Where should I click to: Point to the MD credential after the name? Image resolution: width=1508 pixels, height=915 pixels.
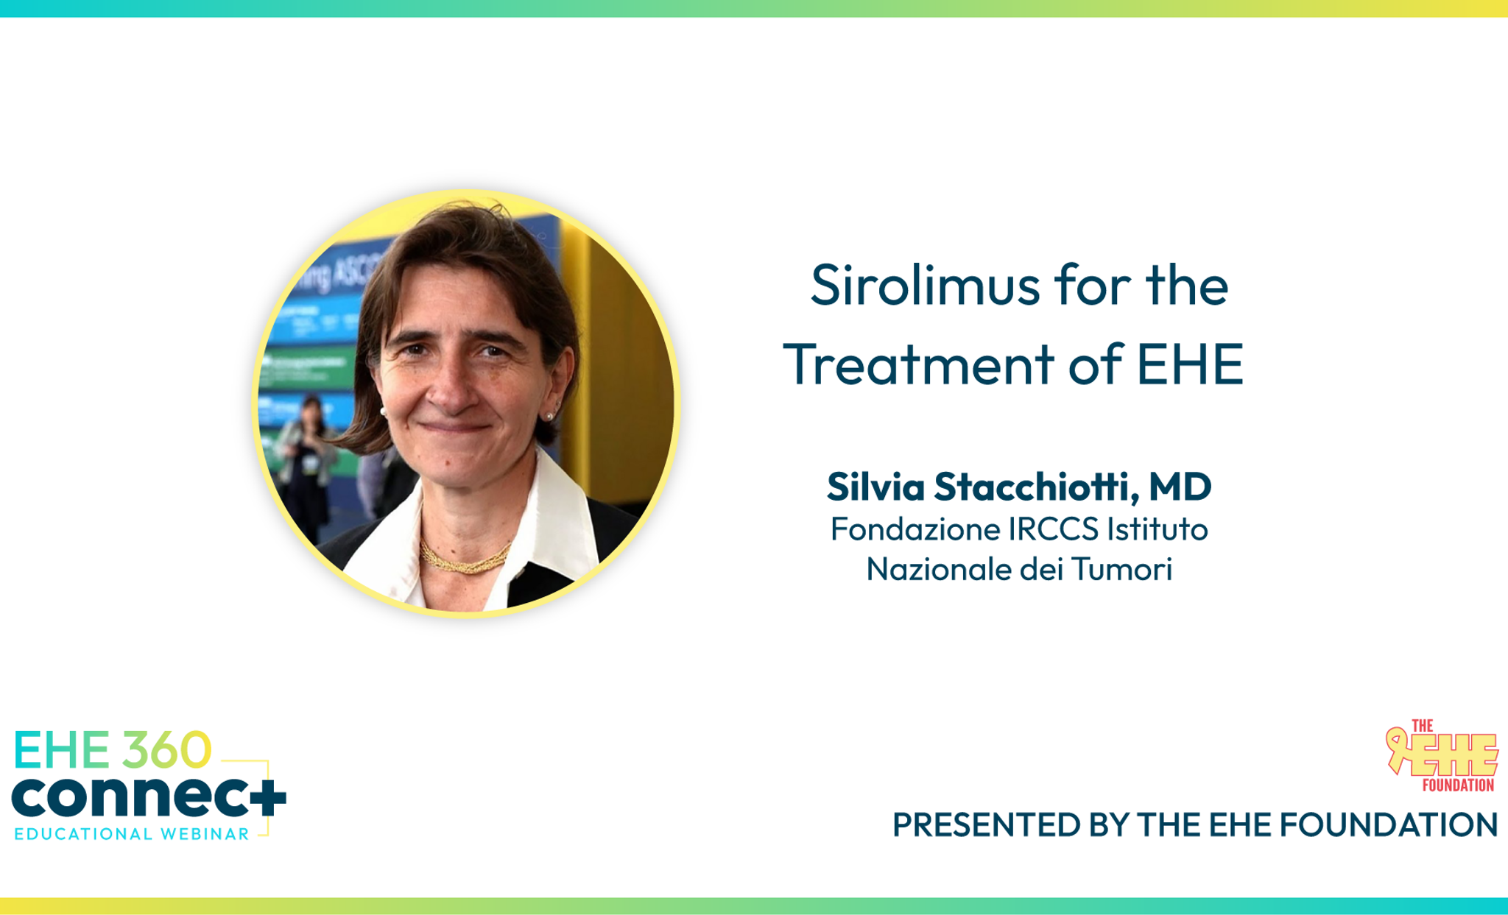coord(1180,487)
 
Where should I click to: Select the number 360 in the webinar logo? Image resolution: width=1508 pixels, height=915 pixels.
coord(167,750)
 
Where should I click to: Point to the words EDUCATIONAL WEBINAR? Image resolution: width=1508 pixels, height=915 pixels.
coord(132,834)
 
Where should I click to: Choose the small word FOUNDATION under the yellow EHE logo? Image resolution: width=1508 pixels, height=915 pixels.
coord(1458,785)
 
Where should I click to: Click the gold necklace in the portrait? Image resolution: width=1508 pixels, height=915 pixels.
coord(464,559)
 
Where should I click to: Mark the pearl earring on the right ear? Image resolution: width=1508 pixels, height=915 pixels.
coord(549,417)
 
